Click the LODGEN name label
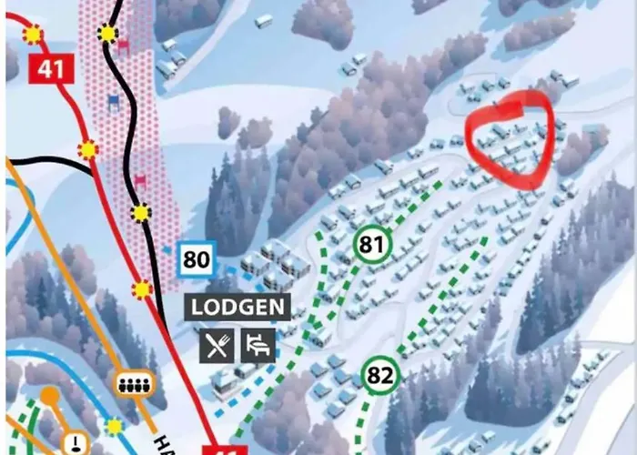pos(239,307)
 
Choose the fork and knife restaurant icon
pos(216,345)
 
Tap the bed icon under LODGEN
pos(258,345)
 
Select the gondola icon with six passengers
pos(135,384)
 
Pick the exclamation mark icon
pos(73,442)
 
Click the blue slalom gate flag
pos(114,99)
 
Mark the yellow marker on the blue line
pos(114,426)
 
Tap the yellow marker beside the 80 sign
pos(142,289)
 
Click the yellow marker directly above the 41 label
pos(34,35)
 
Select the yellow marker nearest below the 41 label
pos(88,148)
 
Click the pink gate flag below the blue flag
pos(140,179)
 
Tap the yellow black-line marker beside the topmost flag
pos(108,35)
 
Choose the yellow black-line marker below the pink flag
pos(140,214)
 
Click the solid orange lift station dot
pos(50,398)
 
